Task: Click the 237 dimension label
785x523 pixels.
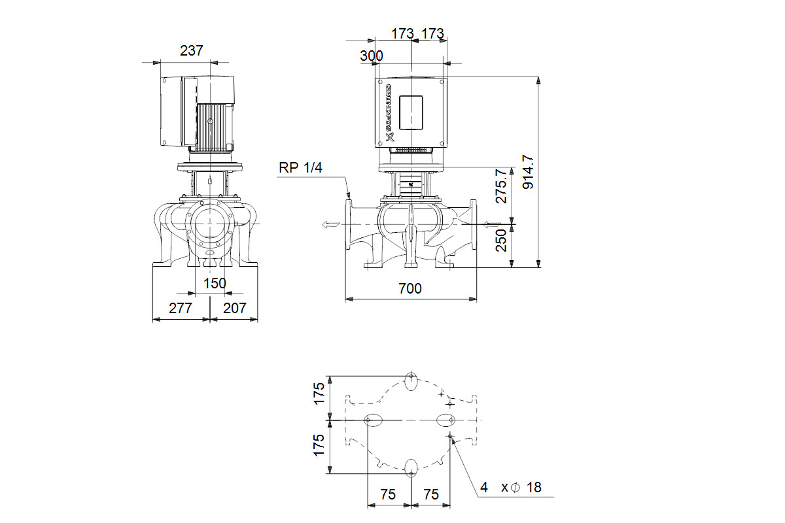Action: click(x=191, y=51)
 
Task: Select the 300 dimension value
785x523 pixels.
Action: click(x=372, y=56)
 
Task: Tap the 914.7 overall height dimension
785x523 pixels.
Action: click(x=528, y=172)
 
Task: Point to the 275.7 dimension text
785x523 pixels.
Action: click(x=501, y=186)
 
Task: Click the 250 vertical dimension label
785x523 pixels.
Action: click(x=501, y=241)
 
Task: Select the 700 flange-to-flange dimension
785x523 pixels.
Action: click(x=410, y=289)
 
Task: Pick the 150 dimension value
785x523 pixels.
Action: click(x=215, y=283)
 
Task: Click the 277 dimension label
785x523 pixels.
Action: click(x=180, y=309)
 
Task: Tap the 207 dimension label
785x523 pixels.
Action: click(x=234, y=309)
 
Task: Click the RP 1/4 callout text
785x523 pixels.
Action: click(x=300, y=168)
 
